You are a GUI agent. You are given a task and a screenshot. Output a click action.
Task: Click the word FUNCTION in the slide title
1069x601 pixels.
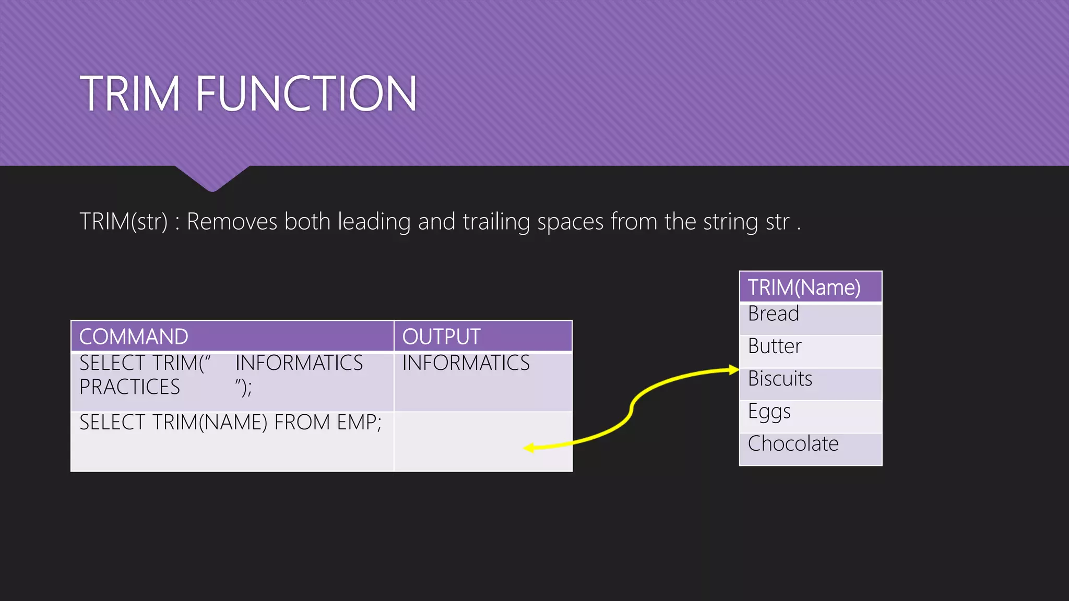coord(306,94)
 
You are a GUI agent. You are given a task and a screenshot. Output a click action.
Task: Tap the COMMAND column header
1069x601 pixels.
coord(134,337)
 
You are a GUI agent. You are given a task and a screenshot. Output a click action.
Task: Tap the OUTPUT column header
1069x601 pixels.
coord(441,337)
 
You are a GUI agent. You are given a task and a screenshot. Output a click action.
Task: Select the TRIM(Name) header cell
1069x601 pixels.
coord(804,287)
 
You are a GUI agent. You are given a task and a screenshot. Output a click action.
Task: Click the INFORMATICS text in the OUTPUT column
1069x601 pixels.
coord(466,363)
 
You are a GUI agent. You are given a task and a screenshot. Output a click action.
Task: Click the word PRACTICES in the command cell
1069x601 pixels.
coord(129,387)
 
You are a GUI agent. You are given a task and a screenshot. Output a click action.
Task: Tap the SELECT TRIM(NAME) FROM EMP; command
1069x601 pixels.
coord(230,423)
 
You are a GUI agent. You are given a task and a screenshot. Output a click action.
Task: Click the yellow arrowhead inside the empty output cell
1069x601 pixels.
coord(529,448)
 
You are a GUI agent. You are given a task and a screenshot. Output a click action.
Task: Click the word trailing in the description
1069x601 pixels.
coord(496,222)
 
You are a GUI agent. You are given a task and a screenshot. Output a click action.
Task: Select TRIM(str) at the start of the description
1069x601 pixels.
coord(123,222)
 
